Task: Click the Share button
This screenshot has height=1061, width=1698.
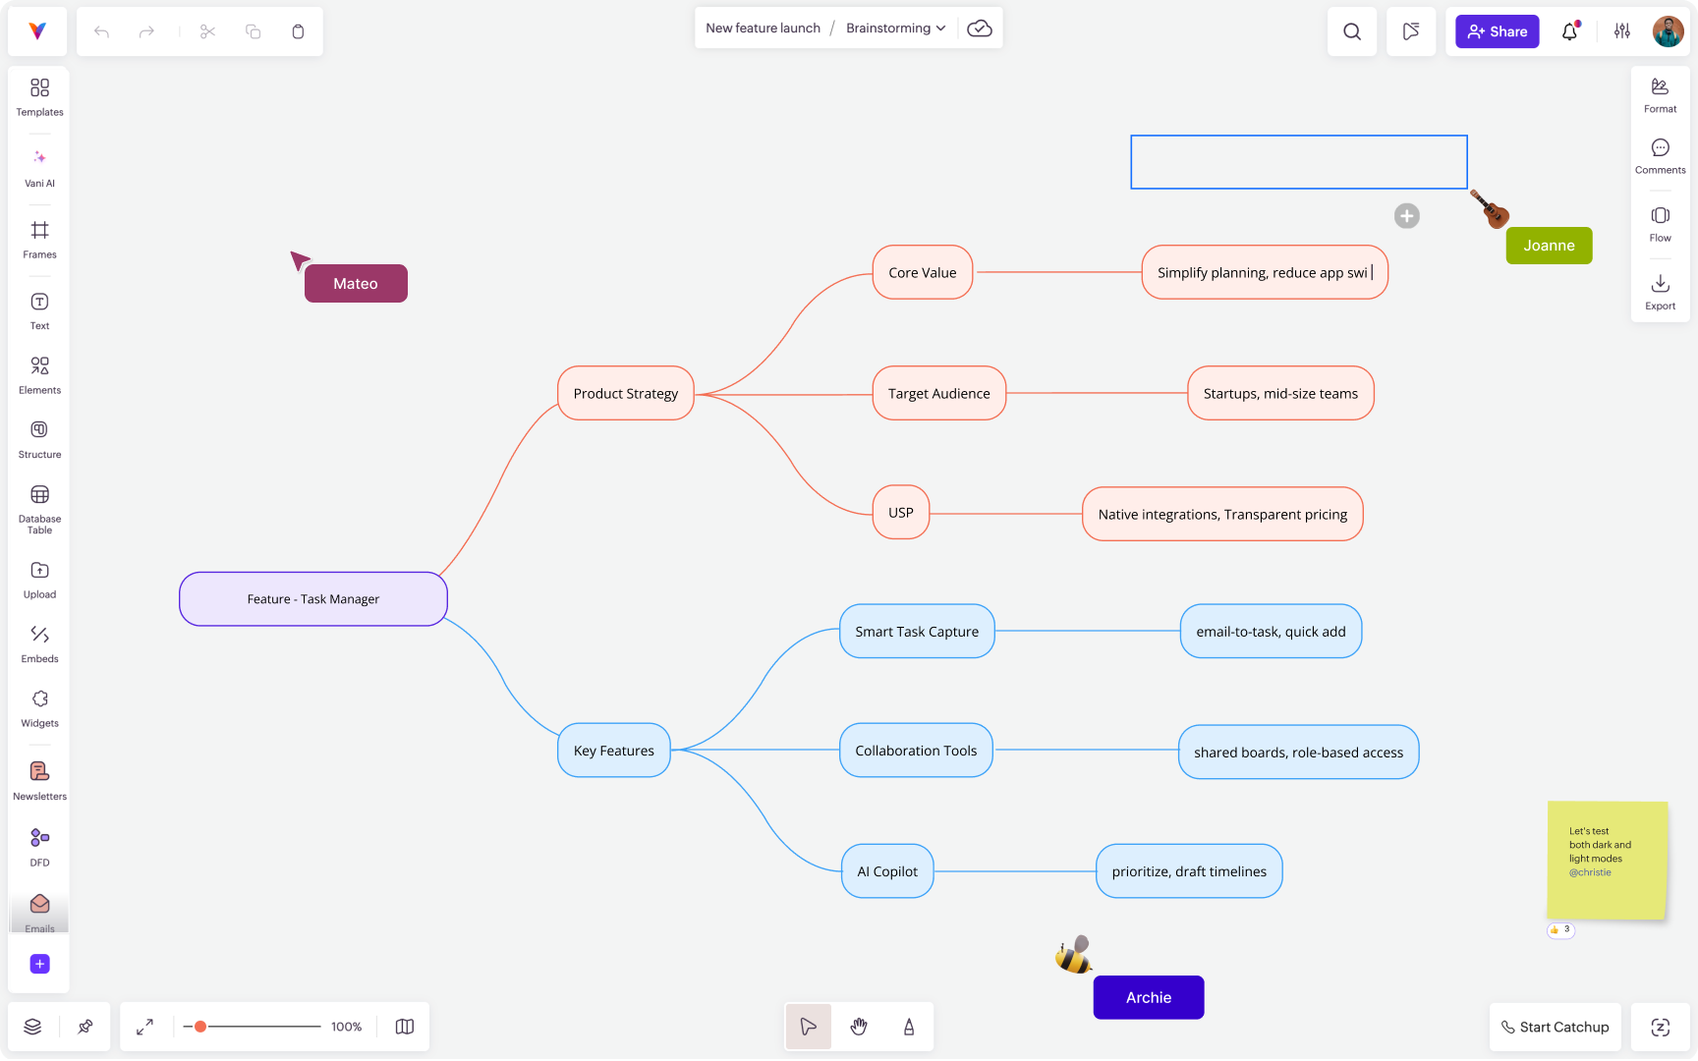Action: (1497, 31)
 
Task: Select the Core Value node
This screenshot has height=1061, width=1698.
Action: (922, 272)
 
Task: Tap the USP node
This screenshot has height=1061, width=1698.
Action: (900, 512)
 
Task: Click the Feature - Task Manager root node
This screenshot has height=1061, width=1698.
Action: (312, 598)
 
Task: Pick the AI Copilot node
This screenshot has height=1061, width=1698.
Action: (886, 870)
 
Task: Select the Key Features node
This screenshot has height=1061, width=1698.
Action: (613, 751)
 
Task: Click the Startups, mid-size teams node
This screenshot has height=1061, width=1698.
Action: (1279, 393)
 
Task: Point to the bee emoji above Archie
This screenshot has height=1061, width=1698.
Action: (1073, 955)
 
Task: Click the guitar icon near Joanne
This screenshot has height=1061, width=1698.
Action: (1490, 208)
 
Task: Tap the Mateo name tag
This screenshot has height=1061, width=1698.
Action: (356, 284)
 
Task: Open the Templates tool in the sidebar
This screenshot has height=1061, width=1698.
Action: (39, 96)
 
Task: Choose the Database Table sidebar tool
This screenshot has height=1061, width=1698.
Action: (39, 508)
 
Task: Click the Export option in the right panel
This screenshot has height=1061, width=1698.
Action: (1660, 291)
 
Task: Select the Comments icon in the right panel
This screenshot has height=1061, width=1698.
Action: (1660, 155)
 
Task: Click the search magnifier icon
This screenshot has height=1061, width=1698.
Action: (1352, 31)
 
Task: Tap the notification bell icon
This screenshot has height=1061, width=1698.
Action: (1569, 31)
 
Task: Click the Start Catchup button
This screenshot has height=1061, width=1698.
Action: (1554, 1027)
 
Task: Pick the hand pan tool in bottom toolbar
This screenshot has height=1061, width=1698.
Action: (859, 1027)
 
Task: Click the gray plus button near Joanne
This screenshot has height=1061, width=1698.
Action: (1406, 216)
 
